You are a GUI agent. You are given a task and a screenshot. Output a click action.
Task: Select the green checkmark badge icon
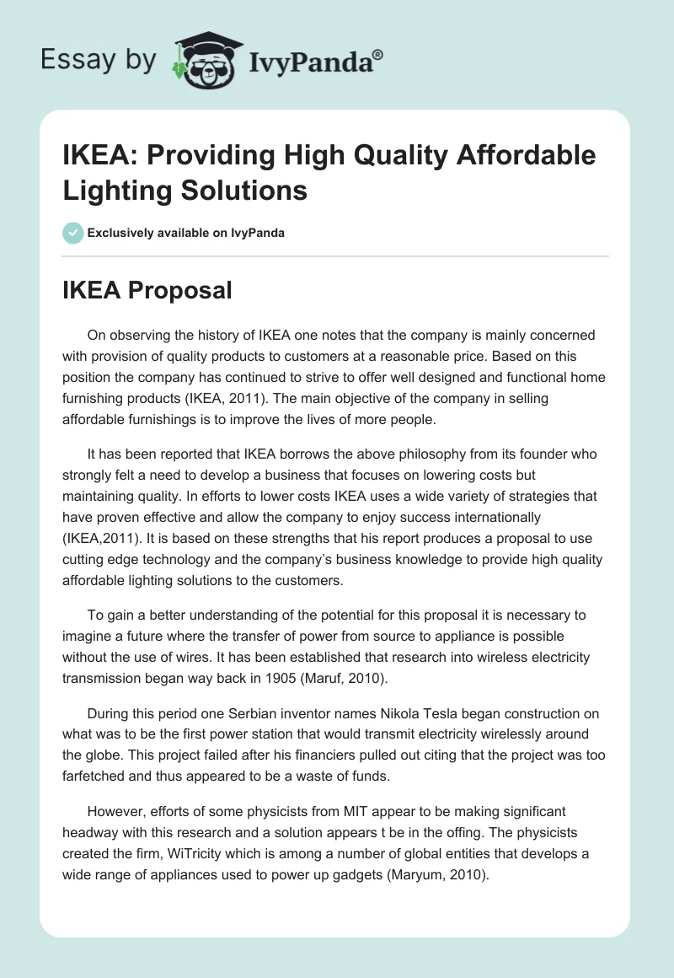pyautogui.click(x=73, y=233)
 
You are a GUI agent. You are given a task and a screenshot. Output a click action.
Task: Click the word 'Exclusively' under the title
pyautogui.click(x=123, y=233)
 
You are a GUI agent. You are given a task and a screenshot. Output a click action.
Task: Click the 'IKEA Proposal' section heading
pyautogui.click(x=147, y=290)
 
